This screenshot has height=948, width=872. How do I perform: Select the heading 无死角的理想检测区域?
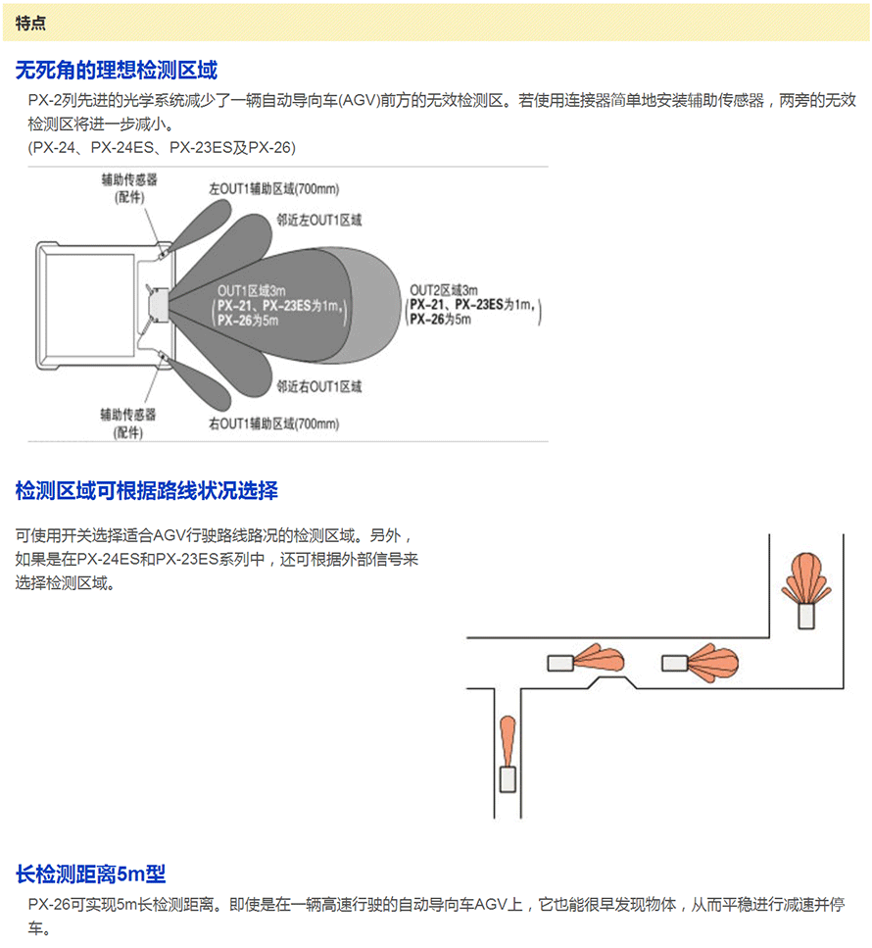click(x=117, y=71)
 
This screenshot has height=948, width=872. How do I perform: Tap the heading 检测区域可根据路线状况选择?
click(x=147, y=490)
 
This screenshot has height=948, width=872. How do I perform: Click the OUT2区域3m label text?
click(x=443, y=290)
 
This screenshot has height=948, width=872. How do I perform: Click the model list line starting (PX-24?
click(x=162, y=147)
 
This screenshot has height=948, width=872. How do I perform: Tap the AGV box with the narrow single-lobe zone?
click(x=508, y=779)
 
